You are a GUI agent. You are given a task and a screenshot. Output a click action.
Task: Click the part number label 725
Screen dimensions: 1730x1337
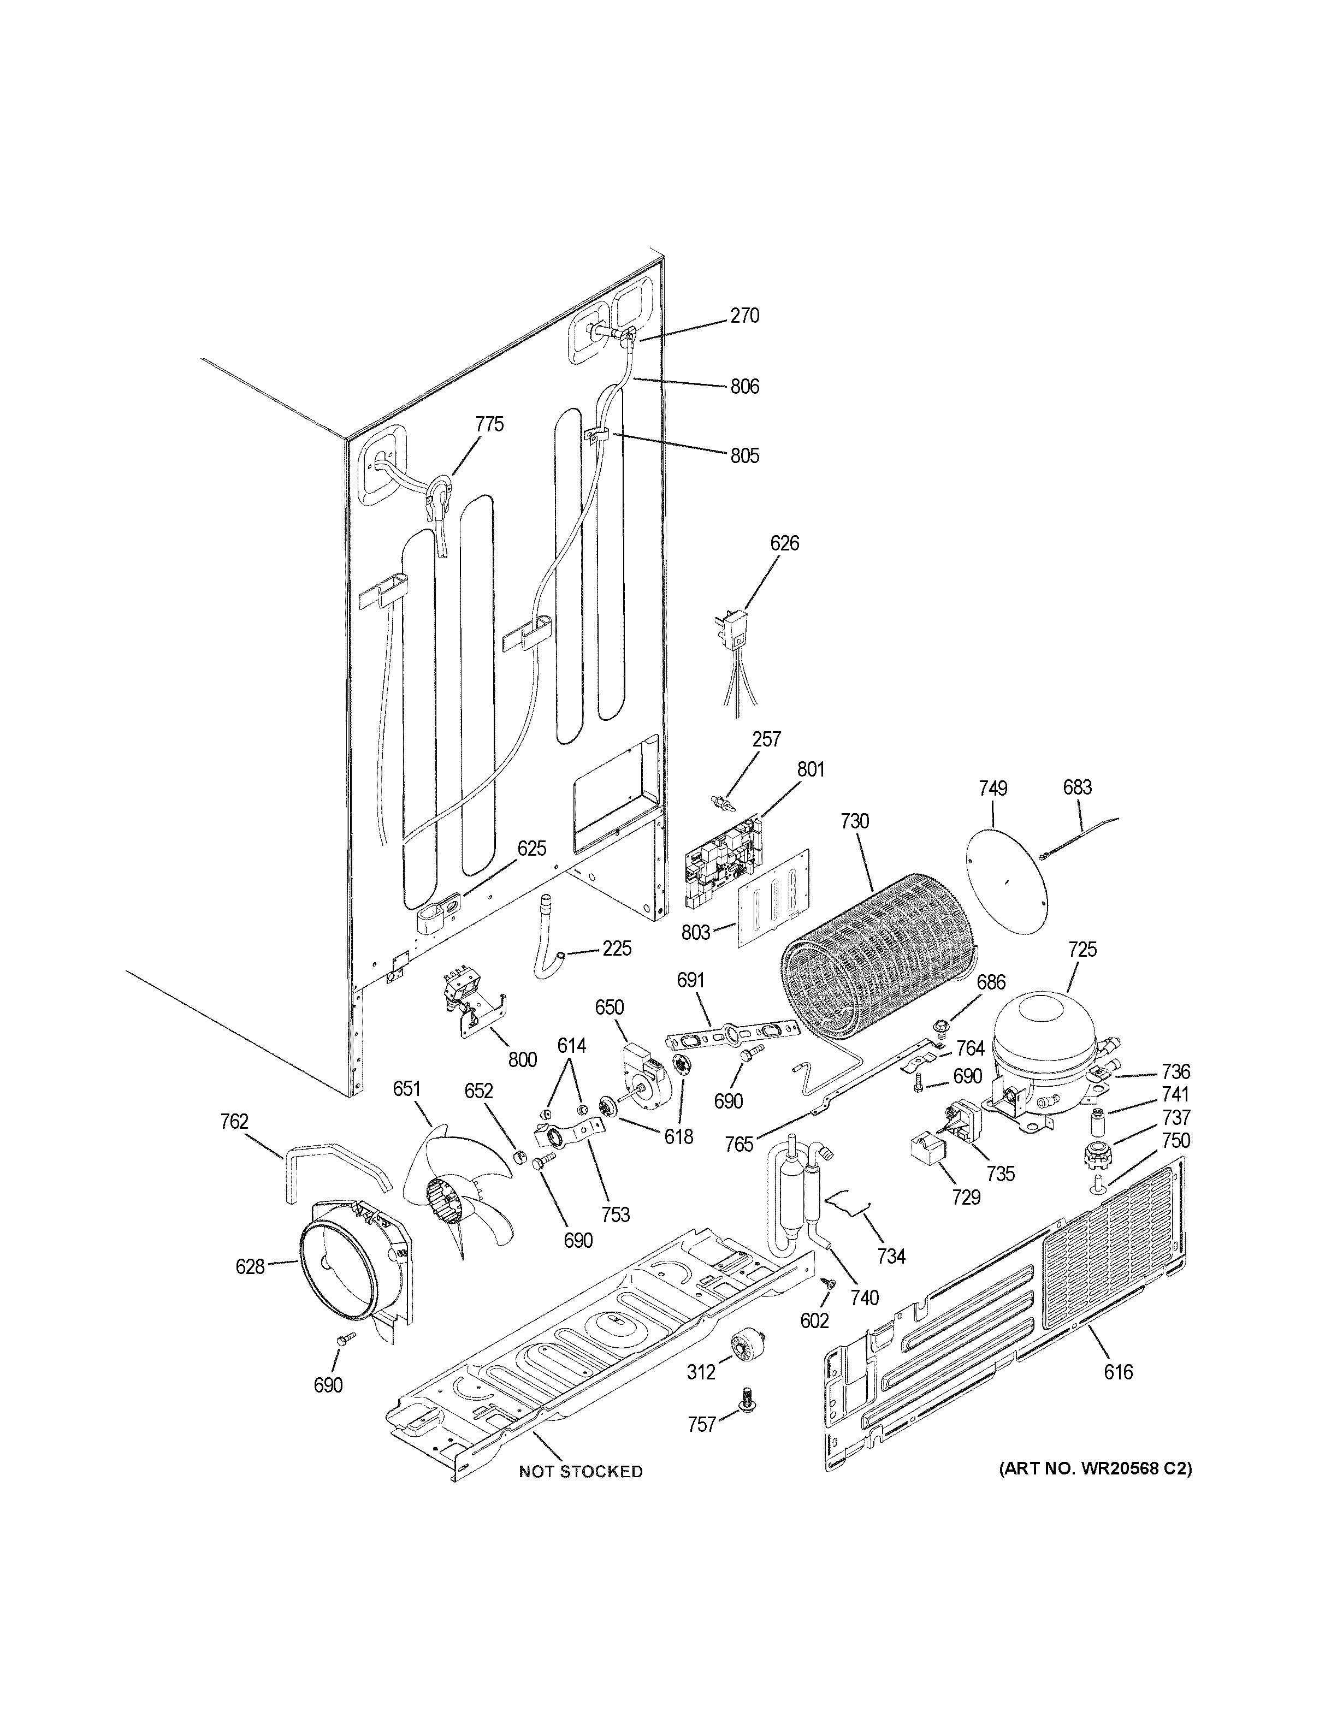pyautogui.click(x=1082, y=949)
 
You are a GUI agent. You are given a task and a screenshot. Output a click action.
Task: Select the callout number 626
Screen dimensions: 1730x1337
pyautogui.click(x=784, y=543)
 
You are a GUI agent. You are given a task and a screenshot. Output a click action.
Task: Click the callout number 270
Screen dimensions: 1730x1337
pyautogui.click(x=744, y=316)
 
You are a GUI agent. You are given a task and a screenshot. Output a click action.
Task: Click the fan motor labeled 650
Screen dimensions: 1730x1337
pyautogui.click(x=646, y=1073)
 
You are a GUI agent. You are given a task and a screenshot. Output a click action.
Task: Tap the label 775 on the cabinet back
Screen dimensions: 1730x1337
pyautogui.click(x=489, y=424)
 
